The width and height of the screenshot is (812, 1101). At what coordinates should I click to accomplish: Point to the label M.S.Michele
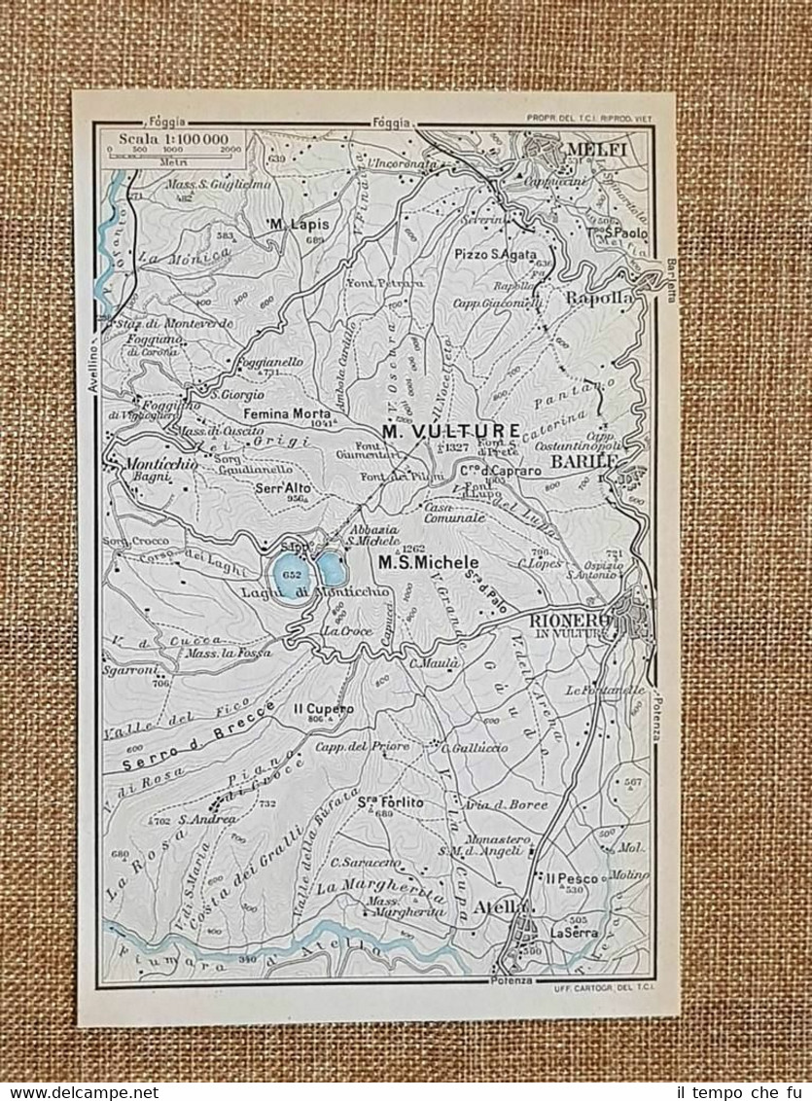click(428, 562)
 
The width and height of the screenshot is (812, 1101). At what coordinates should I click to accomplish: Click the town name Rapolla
click(599, 299)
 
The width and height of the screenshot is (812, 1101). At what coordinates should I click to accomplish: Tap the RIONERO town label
click(570, 620)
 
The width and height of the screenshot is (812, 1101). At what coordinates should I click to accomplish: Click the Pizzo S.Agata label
click(495, 254)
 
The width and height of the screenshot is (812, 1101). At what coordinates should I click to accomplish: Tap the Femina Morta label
click(287, 412)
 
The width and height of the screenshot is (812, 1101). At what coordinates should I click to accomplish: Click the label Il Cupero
click(322, 709)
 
